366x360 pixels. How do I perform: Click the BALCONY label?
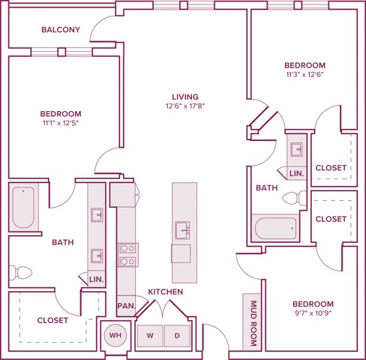point(61,30)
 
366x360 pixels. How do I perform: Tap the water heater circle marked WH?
point(115,335)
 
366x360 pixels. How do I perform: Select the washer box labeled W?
point(150,336)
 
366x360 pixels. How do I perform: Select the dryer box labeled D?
point(177,336)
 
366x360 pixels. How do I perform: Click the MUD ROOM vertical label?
point(253,323)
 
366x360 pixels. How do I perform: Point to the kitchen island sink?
point(182,230)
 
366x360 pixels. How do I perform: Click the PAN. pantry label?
point(127,305)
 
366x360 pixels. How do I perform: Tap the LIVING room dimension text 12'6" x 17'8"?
point(185,106)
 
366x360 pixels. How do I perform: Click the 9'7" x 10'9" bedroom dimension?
point(313,313)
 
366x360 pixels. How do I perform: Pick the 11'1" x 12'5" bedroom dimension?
point(61,123)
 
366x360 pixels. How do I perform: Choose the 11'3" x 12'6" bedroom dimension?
point(305,74)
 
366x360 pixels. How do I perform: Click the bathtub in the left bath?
point(23,207)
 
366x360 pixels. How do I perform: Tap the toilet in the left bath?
point(20,272)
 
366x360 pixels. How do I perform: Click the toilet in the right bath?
point(295,198)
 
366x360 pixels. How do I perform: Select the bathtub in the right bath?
point(276,228)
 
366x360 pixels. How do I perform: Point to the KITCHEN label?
point(166,292)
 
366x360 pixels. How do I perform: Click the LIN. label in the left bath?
point(97,279)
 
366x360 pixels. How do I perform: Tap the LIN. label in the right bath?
point(297,173)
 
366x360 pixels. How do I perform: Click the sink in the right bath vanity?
point(296,149)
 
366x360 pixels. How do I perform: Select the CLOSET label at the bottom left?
point(52,320)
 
